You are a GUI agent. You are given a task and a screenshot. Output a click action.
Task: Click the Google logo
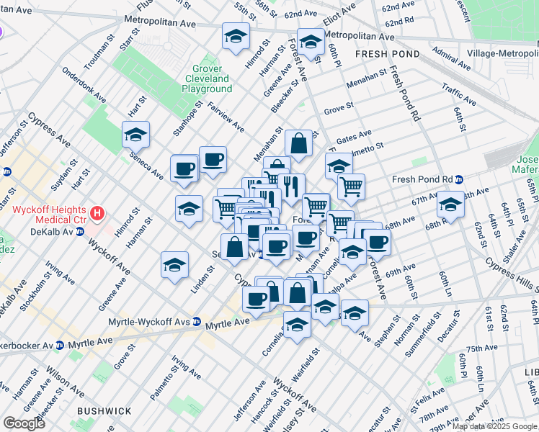[x=24, y=423]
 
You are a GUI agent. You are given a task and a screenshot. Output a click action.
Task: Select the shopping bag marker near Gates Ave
[x=298, y=144]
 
